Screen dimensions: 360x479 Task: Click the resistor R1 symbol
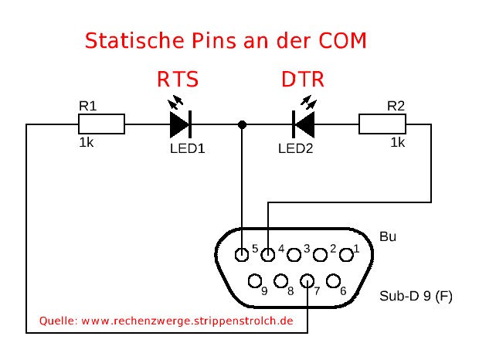(101, 124)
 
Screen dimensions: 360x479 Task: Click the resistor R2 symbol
(382, 124)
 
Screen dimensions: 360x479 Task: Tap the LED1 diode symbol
(180, 124)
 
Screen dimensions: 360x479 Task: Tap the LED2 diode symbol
(303, 124)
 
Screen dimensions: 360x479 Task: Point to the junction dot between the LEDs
(243, 124)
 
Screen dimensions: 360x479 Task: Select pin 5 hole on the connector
(243, 252)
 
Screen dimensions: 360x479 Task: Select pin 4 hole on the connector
(268, 252)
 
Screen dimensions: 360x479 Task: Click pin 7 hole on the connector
(307, 281)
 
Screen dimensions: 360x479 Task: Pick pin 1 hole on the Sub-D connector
(345, 252)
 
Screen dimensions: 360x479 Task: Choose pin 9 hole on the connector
(254, 281)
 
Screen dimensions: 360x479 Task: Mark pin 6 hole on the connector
(334, 281)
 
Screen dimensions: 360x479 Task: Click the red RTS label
(178, 80)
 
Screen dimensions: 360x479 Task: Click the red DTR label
(302, 80)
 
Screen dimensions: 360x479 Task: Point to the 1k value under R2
(398, 144)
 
